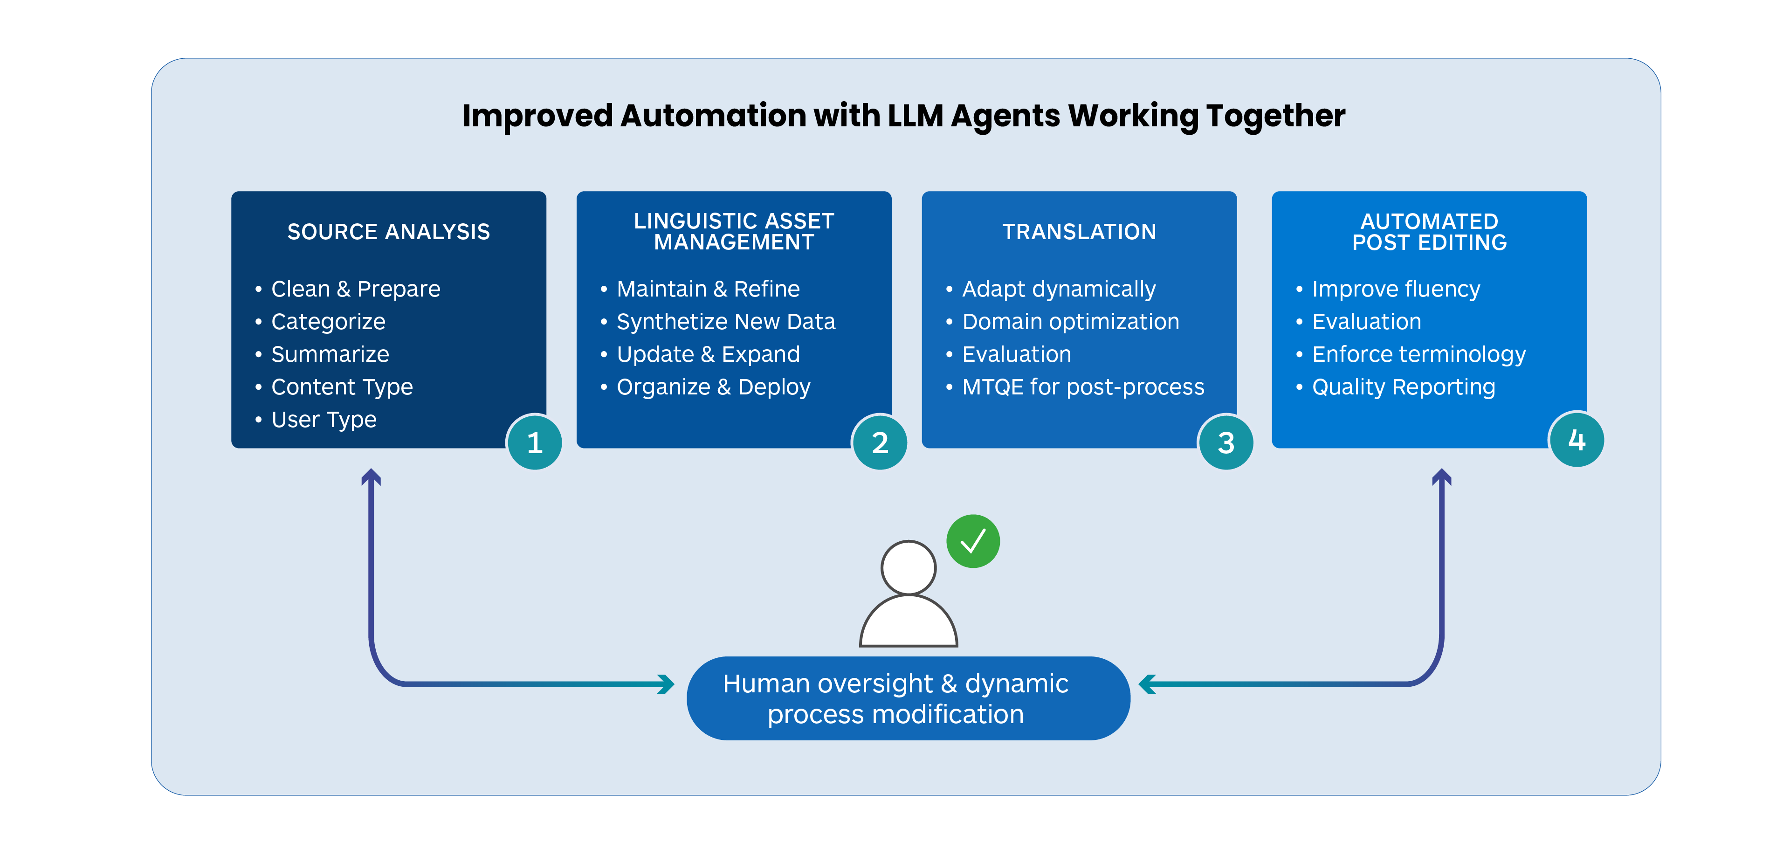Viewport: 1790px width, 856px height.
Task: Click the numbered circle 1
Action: pos(534,442)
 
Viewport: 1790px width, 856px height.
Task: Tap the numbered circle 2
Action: pos(880,442)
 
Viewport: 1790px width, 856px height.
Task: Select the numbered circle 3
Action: pos(1226,442)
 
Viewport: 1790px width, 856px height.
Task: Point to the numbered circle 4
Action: pos(1576,440)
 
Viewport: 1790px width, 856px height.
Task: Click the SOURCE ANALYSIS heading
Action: pos(388,231)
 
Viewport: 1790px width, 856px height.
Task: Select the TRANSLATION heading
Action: pos(1079,231)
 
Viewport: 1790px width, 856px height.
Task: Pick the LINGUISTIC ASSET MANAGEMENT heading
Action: pos(734,231)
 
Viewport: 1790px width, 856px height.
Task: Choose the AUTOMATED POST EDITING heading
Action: pos(1429,231)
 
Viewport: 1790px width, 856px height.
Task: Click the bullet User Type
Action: pos(324,420)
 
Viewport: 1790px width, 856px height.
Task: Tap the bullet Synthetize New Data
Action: pos(725,322)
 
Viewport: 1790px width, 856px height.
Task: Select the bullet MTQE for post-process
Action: pos(1082,387)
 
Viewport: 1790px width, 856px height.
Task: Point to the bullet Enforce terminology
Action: pos(1418,354)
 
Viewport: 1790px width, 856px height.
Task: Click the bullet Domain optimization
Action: pos(1070,322)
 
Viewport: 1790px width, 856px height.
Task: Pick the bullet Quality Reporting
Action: pos(1403,387)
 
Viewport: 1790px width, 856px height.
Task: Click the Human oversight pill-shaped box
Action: pos(908,698)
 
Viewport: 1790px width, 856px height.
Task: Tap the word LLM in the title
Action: pos(915,115)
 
